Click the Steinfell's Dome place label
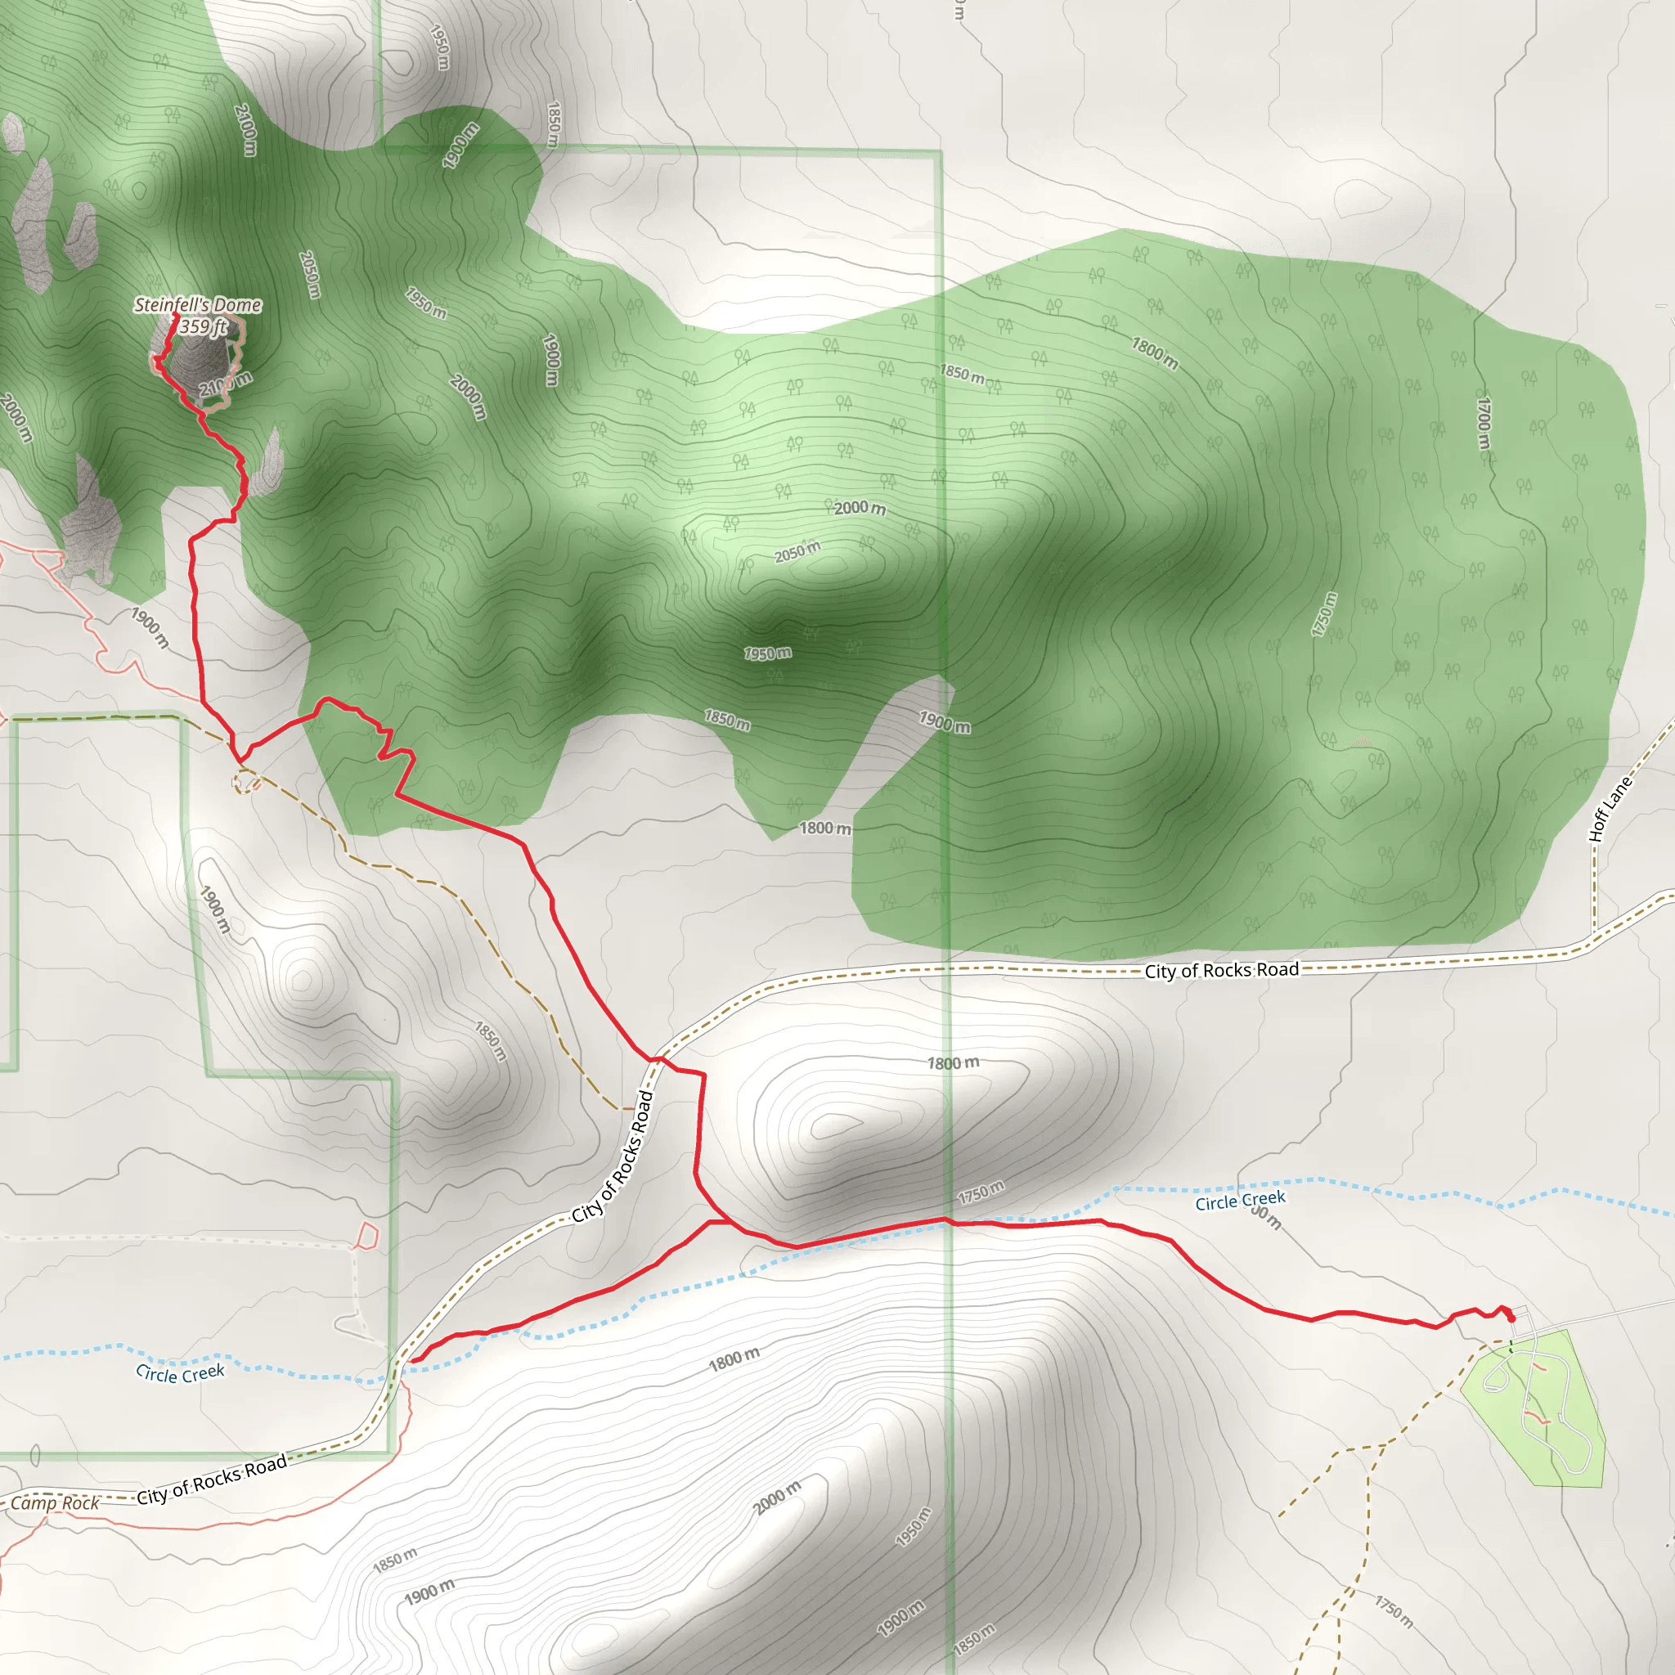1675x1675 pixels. [x=198, y=304]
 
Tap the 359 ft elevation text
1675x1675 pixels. [x=204, y=327]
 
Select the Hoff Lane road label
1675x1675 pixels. [x=1610, y=809]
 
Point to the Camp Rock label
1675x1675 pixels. [x=55, y=1502]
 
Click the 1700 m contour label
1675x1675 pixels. [x=1484, y=423]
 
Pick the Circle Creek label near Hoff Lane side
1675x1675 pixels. [x=1240, y=1201]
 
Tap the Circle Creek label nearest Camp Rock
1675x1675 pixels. [x=180, y=1373]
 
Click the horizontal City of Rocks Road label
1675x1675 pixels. [x=1222, y=970]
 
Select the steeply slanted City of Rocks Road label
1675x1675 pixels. [x=612, y=1157]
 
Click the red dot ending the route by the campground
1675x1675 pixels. [x=1512, y=1318]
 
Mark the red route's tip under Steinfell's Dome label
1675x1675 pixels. [x=175, y=316]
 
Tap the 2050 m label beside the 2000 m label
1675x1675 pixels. [x=797, y=551]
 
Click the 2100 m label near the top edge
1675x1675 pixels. [x=245, y=130]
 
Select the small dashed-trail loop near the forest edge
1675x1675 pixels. [x=246, y=784]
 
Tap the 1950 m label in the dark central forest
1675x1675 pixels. [x=767, y=653]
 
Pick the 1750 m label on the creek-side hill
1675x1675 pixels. [x=981, y=1192]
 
